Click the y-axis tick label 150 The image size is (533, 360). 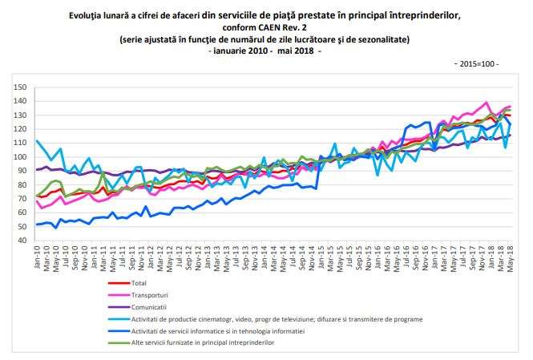pos(20,87)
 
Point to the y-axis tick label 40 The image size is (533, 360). pos(22,241)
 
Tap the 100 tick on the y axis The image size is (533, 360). pos(20,157)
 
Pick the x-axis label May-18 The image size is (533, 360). pos(510,260)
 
